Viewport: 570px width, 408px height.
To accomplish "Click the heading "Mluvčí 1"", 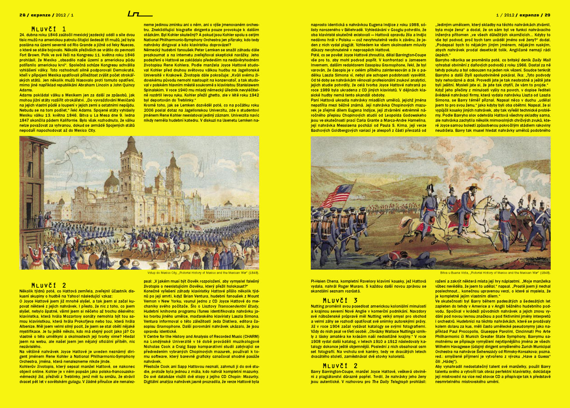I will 49,29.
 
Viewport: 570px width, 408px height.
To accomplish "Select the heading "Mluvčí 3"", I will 340,300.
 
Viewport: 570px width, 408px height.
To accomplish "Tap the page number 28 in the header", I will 22,15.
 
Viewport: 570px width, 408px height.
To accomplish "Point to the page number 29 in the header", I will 548,15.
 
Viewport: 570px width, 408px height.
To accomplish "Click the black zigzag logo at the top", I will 140,14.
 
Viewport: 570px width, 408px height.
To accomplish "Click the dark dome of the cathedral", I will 112,181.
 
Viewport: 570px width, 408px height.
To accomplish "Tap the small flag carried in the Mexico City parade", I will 196,227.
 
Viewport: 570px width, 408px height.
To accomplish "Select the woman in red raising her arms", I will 38,252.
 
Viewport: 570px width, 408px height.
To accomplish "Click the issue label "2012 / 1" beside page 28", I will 65,15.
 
